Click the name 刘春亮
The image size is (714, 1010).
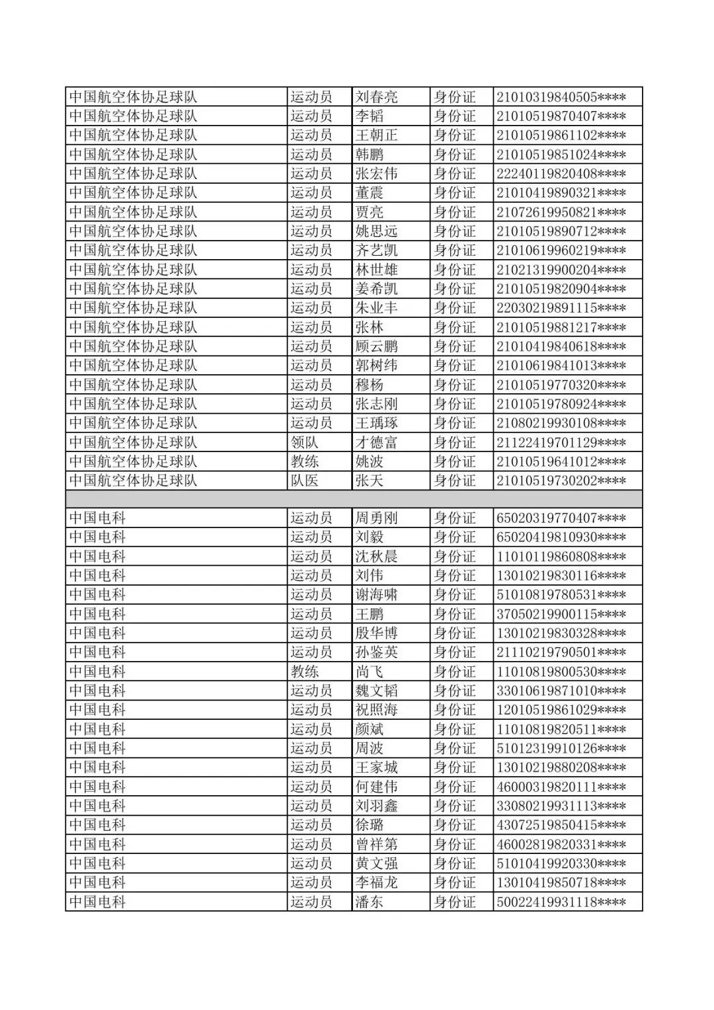click(377, 97)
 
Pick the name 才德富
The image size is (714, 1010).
click(377, 442)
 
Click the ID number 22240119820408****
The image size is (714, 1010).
click(561, 174)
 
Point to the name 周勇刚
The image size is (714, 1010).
click(377, 518)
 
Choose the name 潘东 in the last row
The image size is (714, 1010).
click(370, 902)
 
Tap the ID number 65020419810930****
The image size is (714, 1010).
click(561, 537)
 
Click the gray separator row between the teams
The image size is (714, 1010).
click(354, 499)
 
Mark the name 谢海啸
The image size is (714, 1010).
click(377, 595)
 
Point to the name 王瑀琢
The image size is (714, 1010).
click(377, 423)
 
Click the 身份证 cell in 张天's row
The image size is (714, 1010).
click(455, 481)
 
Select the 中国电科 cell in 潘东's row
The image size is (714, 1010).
click(98, 902)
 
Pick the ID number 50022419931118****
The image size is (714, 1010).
click(561, 902)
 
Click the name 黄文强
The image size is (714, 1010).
click(377, 863)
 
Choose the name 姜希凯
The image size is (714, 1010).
click(377, 289)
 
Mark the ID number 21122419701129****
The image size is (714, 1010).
click(561, 442)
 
